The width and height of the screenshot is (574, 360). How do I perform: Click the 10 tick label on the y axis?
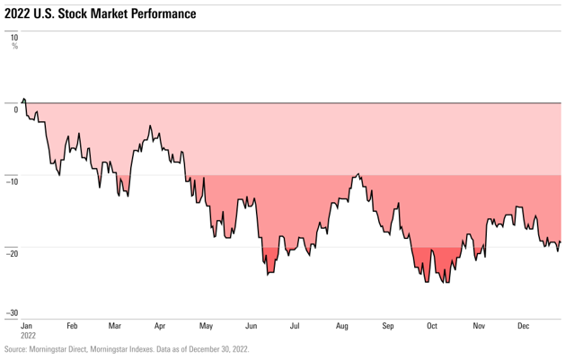click(x=14, y=38)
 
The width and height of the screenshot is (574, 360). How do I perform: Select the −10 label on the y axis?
click(x=13, y=180)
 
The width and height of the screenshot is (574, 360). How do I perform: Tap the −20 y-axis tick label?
click(x=13, y=252)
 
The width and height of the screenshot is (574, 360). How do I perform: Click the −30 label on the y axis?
click(x=13, y=313)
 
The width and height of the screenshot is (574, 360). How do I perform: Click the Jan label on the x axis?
click(x=27, y=327)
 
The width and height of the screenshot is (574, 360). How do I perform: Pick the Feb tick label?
click(x=72, y=327)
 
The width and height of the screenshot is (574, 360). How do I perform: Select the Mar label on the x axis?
click(x=115, y=327)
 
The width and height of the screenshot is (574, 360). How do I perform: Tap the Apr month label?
click(x=160, y=327)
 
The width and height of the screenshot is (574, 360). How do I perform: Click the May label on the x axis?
click(x=206, y=327)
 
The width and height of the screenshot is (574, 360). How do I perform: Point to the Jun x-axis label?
click(x=251, y=327)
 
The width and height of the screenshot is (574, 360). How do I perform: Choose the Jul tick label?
click(x=295, y=327)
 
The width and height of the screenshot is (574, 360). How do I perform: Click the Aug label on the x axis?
click(x=341, y=327)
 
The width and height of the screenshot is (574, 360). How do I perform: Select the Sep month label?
click(x=387, y=327)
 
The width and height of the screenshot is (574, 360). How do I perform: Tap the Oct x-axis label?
click(x=432, y=327)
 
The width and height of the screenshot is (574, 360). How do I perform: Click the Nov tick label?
click(x=478, y=327)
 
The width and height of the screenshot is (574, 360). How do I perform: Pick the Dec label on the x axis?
click(x=523, y=327)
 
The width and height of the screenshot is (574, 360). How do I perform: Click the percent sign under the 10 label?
click(x=14, y=47)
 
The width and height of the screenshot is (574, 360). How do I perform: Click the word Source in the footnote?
click(x=16, y=349)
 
